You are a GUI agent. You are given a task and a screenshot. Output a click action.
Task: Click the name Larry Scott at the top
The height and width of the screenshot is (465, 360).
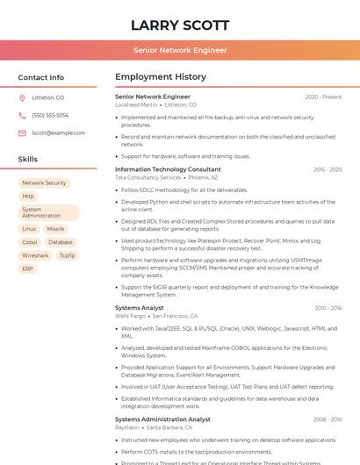pos(180,25)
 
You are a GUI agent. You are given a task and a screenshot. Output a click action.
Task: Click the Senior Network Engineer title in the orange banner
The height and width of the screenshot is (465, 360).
pos(180,51)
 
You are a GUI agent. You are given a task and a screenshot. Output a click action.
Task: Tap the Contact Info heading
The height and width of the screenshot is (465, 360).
pos(41,77)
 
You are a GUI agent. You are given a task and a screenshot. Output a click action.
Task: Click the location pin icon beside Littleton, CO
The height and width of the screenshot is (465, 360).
pos(22,98)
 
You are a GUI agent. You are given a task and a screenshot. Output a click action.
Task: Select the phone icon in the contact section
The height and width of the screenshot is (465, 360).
pos(22,115)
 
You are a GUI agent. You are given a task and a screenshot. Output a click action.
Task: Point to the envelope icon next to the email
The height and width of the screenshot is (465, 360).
pos(22,132)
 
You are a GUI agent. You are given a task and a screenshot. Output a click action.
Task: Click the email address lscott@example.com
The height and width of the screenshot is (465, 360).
pos(58,132)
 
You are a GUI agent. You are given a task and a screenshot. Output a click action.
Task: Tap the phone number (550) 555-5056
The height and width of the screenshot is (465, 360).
pos(50,115)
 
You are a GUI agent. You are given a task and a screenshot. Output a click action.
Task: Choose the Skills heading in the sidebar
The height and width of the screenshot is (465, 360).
pos(28,160)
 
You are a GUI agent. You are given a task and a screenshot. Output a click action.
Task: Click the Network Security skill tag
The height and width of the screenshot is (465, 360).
pos(44,183)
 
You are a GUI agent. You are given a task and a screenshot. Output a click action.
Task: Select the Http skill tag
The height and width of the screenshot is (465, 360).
pos(28,197)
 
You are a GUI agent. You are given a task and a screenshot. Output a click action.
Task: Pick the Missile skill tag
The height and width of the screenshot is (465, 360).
pos(55,229)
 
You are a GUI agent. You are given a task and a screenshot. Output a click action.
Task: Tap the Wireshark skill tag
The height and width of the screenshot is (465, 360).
pos(35,255)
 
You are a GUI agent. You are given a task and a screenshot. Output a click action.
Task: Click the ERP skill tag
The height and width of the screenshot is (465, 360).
pos(27,268)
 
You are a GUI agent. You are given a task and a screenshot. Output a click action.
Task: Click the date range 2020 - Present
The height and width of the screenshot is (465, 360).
pos(323,97)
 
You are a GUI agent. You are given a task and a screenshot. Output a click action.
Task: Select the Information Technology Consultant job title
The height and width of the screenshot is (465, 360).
pos(168,169)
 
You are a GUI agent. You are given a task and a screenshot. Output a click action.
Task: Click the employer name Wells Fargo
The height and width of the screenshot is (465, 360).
pos(131,316)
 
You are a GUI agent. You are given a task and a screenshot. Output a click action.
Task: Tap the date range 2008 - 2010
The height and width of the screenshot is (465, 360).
pos(328,419)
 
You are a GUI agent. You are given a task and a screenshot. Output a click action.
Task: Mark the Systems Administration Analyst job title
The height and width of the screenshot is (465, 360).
pos(162,419)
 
